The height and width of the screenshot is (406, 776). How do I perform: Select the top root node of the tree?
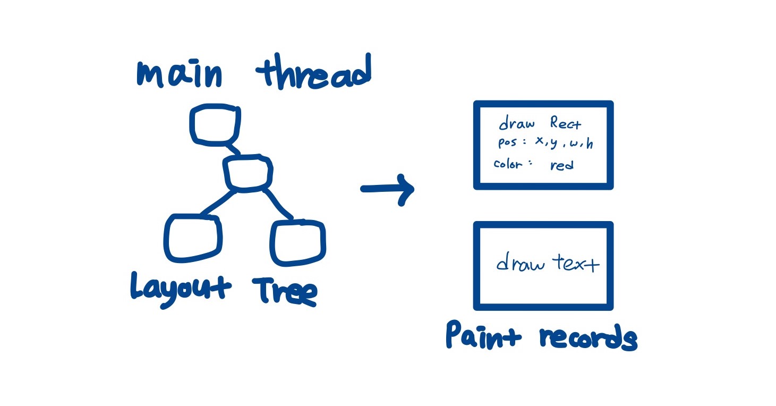tap(215, 125)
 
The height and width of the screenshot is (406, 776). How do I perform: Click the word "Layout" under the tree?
tap(181, 289)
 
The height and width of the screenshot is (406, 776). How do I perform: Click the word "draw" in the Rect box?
tap(516, 124)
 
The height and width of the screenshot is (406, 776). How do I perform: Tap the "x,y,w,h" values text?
tap(563, 143)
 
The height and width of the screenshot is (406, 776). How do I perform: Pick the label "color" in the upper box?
tap(508, 163)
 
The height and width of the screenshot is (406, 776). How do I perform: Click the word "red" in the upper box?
tap(562, 165)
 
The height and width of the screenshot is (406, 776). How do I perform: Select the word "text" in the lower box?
tap(575, 262)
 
